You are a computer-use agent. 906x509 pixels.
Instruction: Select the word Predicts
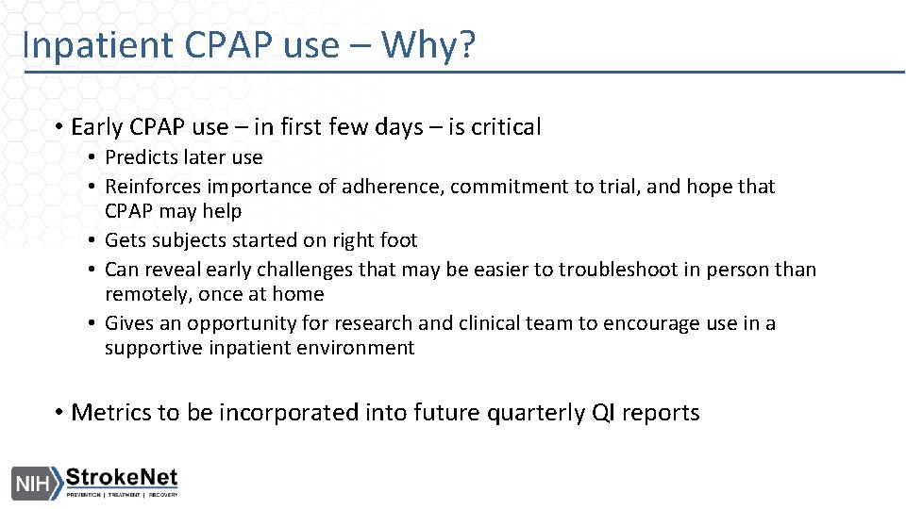142,157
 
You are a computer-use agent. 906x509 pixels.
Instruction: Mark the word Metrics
109,413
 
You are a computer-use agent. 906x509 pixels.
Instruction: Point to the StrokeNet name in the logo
121,478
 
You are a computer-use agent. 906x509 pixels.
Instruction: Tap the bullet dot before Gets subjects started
94,241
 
